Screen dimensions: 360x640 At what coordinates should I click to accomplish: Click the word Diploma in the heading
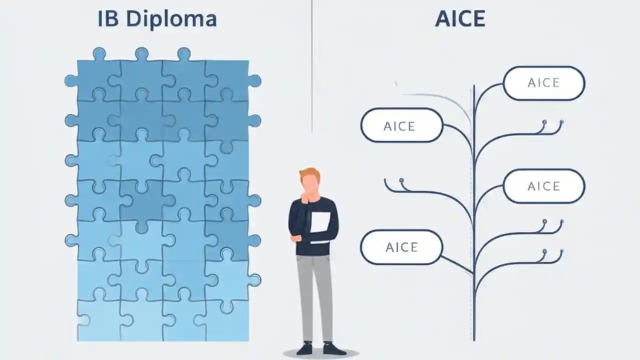coord(171,19)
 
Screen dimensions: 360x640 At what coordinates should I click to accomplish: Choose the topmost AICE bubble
coord(544,83)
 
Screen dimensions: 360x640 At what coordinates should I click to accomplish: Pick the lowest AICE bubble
coord(401,247)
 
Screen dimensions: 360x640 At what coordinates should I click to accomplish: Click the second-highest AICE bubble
coord(401,125)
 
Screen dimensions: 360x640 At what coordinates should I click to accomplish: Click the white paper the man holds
coord(320,222)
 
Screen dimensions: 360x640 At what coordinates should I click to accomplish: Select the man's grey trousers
coord(314,295)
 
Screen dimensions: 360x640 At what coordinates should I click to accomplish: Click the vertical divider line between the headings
coord(312,65)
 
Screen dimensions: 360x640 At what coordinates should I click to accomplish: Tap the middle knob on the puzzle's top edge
coord(141,54)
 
